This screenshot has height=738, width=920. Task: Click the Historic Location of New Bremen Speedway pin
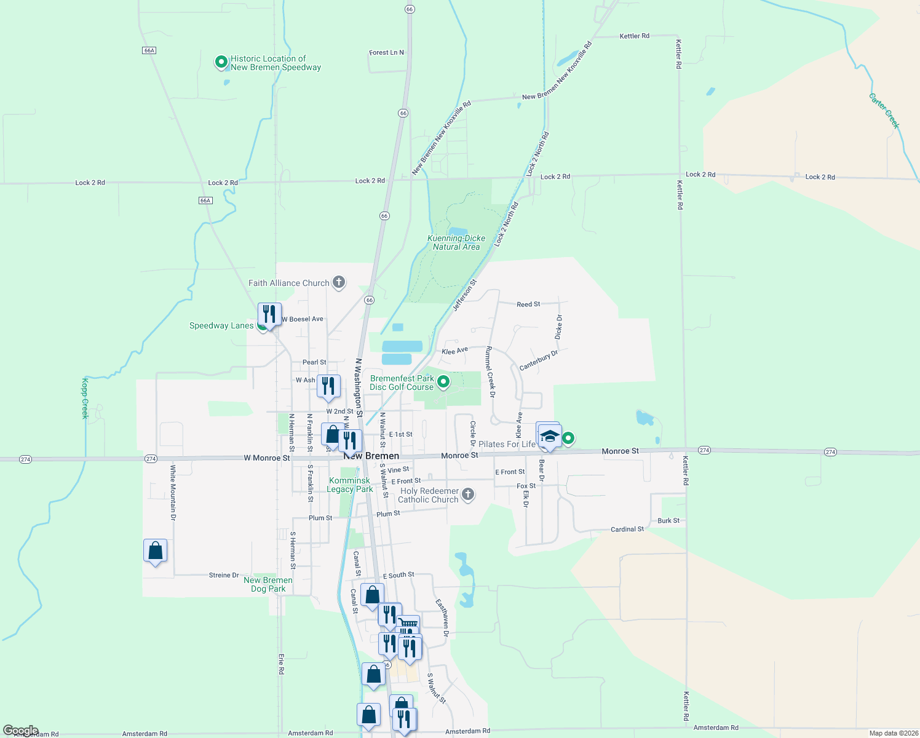pos(221,62)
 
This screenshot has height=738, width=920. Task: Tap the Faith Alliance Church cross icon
pos(338,283)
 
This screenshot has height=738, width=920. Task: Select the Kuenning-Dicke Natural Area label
pos(456,242)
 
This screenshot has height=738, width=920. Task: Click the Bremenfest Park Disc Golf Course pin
pos(443,383)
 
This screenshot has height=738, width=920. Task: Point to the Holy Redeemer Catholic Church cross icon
pos(468,494)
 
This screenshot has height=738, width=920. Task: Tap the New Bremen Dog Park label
pos(268,584)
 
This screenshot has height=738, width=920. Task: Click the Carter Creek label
pos(884,111)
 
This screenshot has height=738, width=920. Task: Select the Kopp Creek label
pos(85,399)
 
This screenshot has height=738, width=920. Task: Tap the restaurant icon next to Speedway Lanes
pos(269,314)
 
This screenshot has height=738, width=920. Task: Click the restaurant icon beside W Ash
pos(328,386)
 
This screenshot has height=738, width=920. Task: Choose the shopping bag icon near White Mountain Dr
pos(155,550)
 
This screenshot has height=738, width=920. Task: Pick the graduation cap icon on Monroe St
pos(549,437)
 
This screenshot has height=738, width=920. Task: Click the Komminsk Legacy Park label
pos(350,485)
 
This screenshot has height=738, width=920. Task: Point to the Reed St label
pos(528,304)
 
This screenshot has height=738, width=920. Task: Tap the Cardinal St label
pos(627,529)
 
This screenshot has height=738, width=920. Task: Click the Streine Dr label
pos(224,575)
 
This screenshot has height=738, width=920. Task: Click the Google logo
pos(21,731)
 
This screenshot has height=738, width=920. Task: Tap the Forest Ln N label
pos(386,53)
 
